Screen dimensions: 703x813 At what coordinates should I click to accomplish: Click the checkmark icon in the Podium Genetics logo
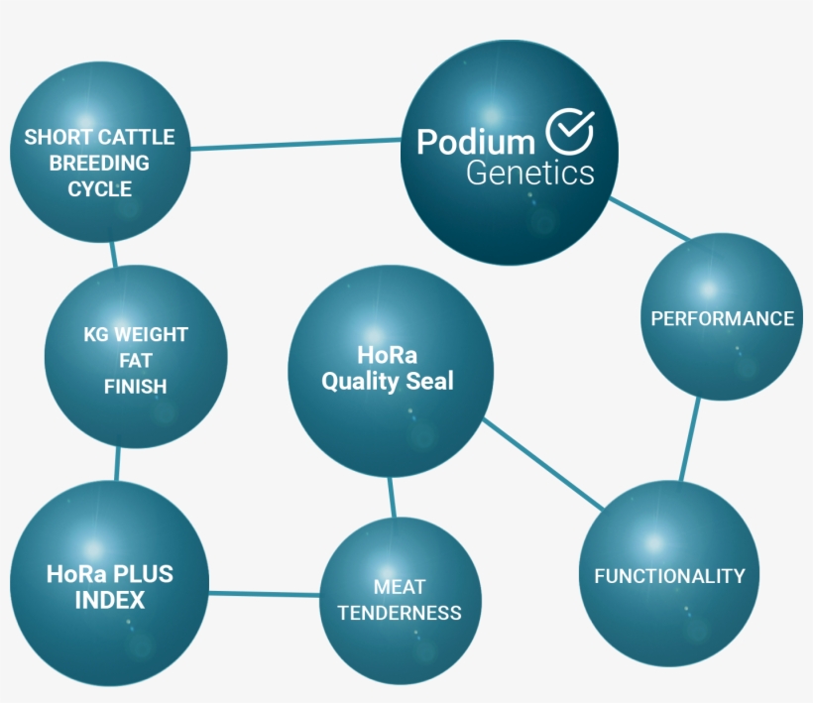pyautogui.click(x=570, y=130)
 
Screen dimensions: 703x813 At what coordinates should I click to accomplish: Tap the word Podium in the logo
pyautogui.click(x=476, y=143)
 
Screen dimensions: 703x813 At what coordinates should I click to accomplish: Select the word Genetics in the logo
pyautogui.click(x=530, y=174)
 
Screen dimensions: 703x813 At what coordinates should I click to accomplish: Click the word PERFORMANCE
pyautogui.click(x=722, y=318)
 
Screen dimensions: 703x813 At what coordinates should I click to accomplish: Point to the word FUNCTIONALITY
pyautogui.click(x=669, y=576)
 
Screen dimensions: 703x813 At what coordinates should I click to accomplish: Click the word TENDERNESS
pyautogui.click(x=400, y=613)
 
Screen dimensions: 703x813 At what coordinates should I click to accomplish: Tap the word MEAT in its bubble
pyautogui.click(x=401, y=587)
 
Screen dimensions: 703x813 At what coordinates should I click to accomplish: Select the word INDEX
pyautogui.click(x=109, y=600)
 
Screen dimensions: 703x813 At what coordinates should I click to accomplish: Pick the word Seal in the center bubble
pyautogui.click(x=428, y=381)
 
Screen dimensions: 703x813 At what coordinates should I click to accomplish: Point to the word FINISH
pyautogui.click(x=135, y=386)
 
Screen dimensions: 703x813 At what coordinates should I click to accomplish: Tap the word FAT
pyautogui.click(x=135, y=360)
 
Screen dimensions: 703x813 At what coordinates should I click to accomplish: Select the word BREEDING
pyautogui.click(x=99, y=163)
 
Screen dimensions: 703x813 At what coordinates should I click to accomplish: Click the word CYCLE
pyautogui.click(x=99, y=188)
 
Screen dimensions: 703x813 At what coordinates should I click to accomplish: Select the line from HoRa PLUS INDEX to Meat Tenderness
pyautogui.click(x=265, y=594)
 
